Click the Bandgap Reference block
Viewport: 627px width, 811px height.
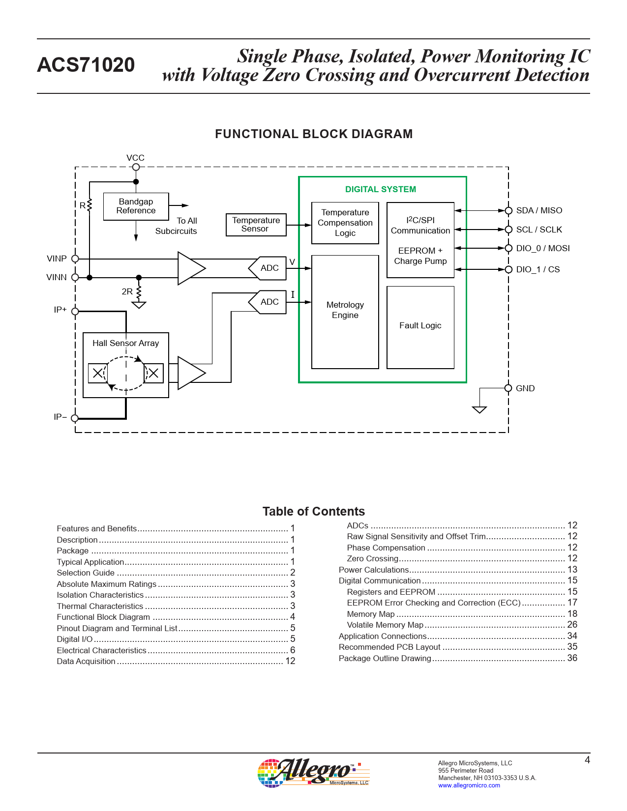click(x=136, y=206)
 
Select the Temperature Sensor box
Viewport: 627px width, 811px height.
click(x=256, y=225)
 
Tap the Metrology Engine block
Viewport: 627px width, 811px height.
click(x=345, y=312)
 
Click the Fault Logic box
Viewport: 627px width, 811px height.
click(x=420, y=327)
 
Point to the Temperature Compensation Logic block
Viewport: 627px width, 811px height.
click(x=345, y=223)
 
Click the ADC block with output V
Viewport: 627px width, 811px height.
click(x=268, y=268)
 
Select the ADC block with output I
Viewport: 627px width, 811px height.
click(x=268, y=302)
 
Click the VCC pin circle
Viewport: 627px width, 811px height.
click(x=136, y=167)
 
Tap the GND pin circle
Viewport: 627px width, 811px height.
click(x=508, y=388)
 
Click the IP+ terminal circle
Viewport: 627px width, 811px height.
click(x=75, y=311)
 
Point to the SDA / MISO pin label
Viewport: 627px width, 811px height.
click(x=539, y=210)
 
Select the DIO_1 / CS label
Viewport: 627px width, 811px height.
click(x=538, y=269)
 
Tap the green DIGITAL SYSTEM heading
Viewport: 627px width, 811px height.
click(x=381, y=189)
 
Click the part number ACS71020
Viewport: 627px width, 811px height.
click(x=86, y=64)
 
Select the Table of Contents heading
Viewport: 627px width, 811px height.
click(x=314, y=511)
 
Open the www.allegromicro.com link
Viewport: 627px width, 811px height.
click(x=469, y=785)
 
